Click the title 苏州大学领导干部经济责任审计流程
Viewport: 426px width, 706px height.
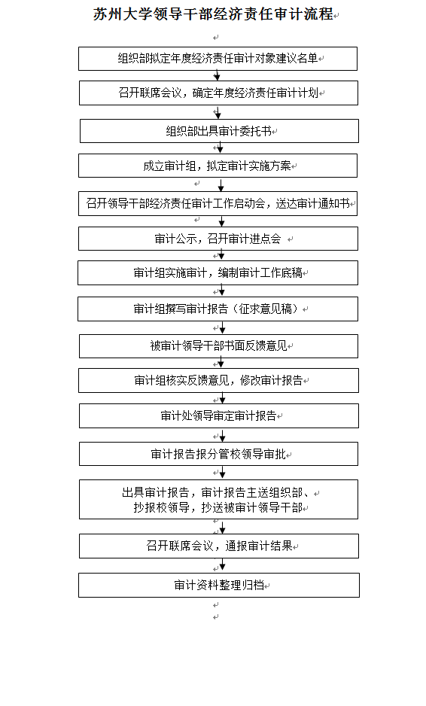213,14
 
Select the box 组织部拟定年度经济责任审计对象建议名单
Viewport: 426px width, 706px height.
218,59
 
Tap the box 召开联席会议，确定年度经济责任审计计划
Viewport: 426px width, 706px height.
218,93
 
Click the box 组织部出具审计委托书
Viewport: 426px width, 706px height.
219,131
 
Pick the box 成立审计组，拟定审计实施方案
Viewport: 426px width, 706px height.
218,166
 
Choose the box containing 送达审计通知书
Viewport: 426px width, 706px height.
218,203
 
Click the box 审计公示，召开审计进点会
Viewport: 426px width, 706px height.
218,238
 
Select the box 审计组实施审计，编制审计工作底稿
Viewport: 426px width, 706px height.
218,273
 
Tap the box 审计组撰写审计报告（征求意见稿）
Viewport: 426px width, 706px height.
218,309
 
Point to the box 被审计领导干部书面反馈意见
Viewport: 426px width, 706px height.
219,345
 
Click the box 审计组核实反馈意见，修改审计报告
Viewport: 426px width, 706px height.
219,380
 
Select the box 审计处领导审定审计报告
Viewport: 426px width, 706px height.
219,415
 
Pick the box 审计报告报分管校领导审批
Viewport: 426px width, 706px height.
219,454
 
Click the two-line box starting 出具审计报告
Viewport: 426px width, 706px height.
219,499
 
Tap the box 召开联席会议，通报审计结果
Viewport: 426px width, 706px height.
219,546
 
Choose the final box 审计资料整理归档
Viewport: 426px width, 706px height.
219,585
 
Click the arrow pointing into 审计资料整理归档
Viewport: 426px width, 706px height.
222,565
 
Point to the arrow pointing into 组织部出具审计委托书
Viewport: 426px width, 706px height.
218,112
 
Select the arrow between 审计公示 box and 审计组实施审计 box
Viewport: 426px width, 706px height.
221,255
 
